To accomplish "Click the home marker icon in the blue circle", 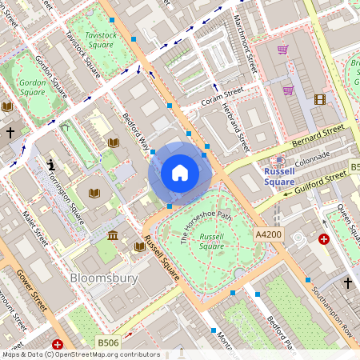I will coord(180,172).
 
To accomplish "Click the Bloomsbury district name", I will coord(104,278).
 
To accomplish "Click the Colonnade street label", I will coord(311,161).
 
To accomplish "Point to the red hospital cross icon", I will coord(323,238).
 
